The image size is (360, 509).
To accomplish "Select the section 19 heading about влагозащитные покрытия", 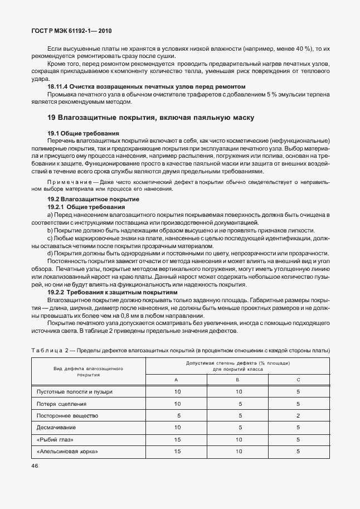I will (151, 118).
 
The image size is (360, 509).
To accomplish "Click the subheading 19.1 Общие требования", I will (83, 134).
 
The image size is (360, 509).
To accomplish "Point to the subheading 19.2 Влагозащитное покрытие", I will (93, 199).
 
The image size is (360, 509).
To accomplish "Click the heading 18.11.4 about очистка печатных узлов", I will (146, 86).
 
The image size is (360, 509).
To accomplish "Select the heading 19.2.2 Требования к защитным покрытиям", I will (113, 292).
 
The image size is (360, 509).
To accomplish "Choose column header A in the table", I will (177, 379).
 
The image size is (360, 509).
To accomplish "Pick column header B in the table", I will (237, 379).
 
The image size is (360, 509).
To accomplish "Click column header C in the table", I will (298, 379).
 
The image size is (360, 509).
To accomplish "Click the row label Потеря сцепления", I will (61, 404).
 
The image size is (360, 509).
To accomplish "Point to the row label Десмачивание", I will (56, 428).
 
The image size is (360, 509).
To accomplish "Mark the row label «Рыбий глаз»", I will (56, 439).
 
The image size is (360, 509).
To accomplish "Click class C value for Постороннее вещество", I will (298, 416).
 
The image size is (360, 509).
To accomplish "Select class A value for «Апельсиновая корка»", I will (177, 451).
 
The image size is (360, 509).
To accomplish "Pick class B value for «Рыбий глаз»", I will (238, 439).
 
